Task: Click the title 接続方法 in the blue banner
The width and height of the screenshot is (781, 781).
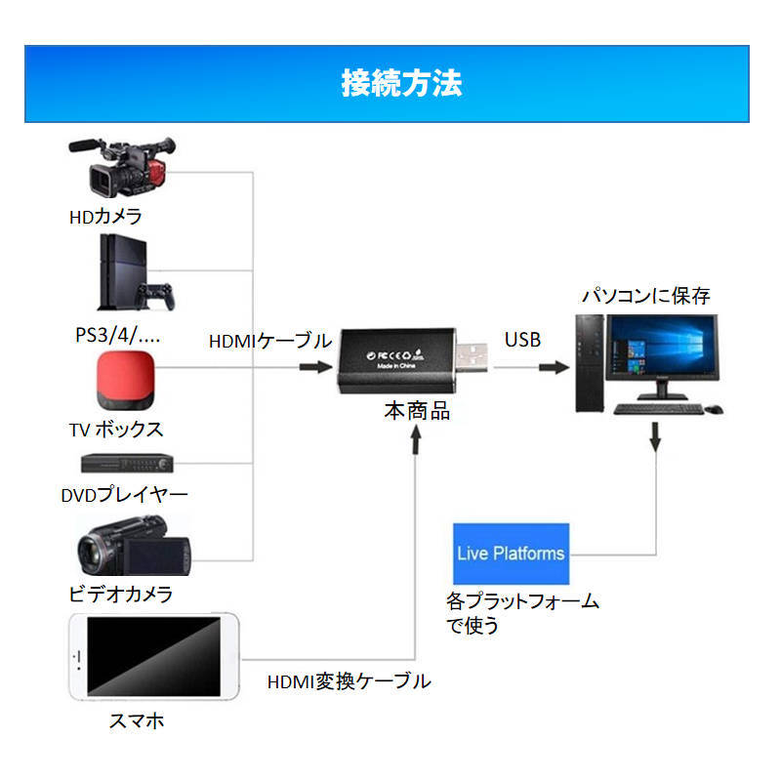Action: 401,83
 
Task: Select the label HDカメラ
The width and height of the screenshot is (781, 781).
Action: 105,216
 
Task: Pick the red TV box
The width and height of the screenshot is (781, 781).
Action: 127,383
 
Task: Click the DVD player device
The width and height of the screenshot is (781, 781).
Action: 128,463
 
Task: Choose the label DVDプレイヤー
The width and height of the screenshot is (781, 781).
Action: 124,494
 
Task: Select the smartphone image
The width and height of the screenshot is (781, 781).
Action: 154,659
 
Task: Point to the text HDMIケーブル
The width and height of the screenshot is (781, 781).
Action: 270,341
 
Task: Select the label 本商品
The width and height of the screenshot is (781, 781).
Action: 417,411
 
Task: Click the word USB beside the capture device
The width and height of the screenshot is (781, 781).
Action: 522,340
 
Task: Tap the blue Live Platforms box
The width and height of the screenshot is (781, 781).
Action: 511,554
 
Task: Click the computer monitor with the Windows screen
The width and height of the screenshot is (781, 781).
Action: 661,356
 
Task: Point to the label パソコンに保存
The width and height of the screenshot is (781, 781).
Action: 646,295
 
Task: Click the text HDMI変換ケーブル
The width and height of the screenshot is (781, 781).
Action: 349,681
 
